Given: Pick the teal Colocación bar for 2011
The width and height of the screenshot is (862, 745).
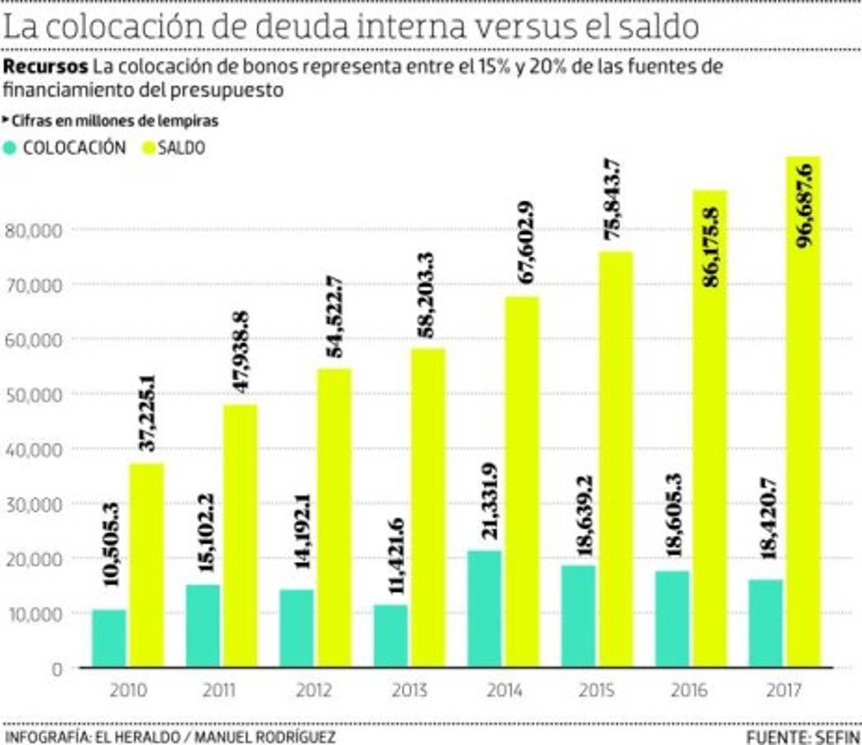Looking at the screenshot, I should coord(203,626).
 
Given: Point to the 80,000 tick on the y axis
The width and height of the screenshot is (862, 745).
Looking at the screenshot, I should coord(34,229).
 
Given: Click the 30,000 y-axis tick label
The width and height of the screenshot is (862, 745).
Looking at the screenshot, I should coord(34,503).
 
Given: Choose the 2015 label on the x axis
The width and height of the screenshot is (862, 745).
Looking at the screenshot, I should coord(596,690).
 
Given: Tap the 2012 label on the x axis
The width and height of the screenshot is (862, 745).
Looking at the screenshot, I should coord(315,690).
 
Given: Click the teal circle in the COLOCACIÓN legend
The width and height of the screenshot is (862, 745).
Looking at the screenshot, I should coord(11,148).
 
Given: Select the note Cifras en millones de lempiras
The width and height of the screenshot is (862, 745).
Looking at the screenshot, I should coord(114,121).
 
